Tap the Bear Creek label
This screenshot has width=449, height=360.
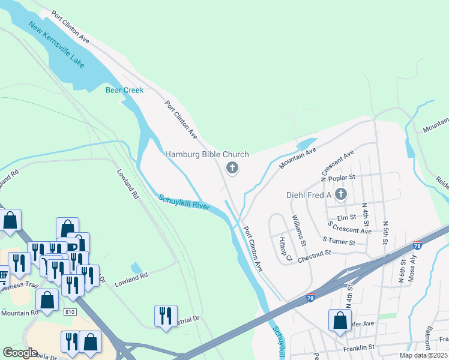[x=125, y=90]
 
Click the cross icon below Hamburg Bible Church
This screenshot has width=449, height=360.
[x=232, y=169]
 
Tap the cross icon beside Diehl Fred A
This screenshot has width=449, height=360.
[x=341, y=194]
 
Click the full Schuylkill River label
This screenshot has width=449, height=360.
[x=184, y=202]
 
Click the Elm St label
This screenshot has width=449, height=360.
[x=347, y=218]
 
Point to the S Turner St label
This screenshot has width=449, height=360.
[x=339, y=241]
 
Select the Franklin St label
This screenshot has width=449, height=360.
[x=359, y=347]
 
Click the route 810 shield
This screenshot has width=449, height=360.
[x=70, y=311]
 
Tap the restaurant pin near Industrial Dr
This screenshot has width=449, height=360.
[x=165, y=316]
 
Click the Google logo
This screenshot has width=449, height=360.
[x=20, y=353]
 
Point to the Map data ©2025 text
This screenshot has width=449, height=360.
[x=423, y=355]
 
